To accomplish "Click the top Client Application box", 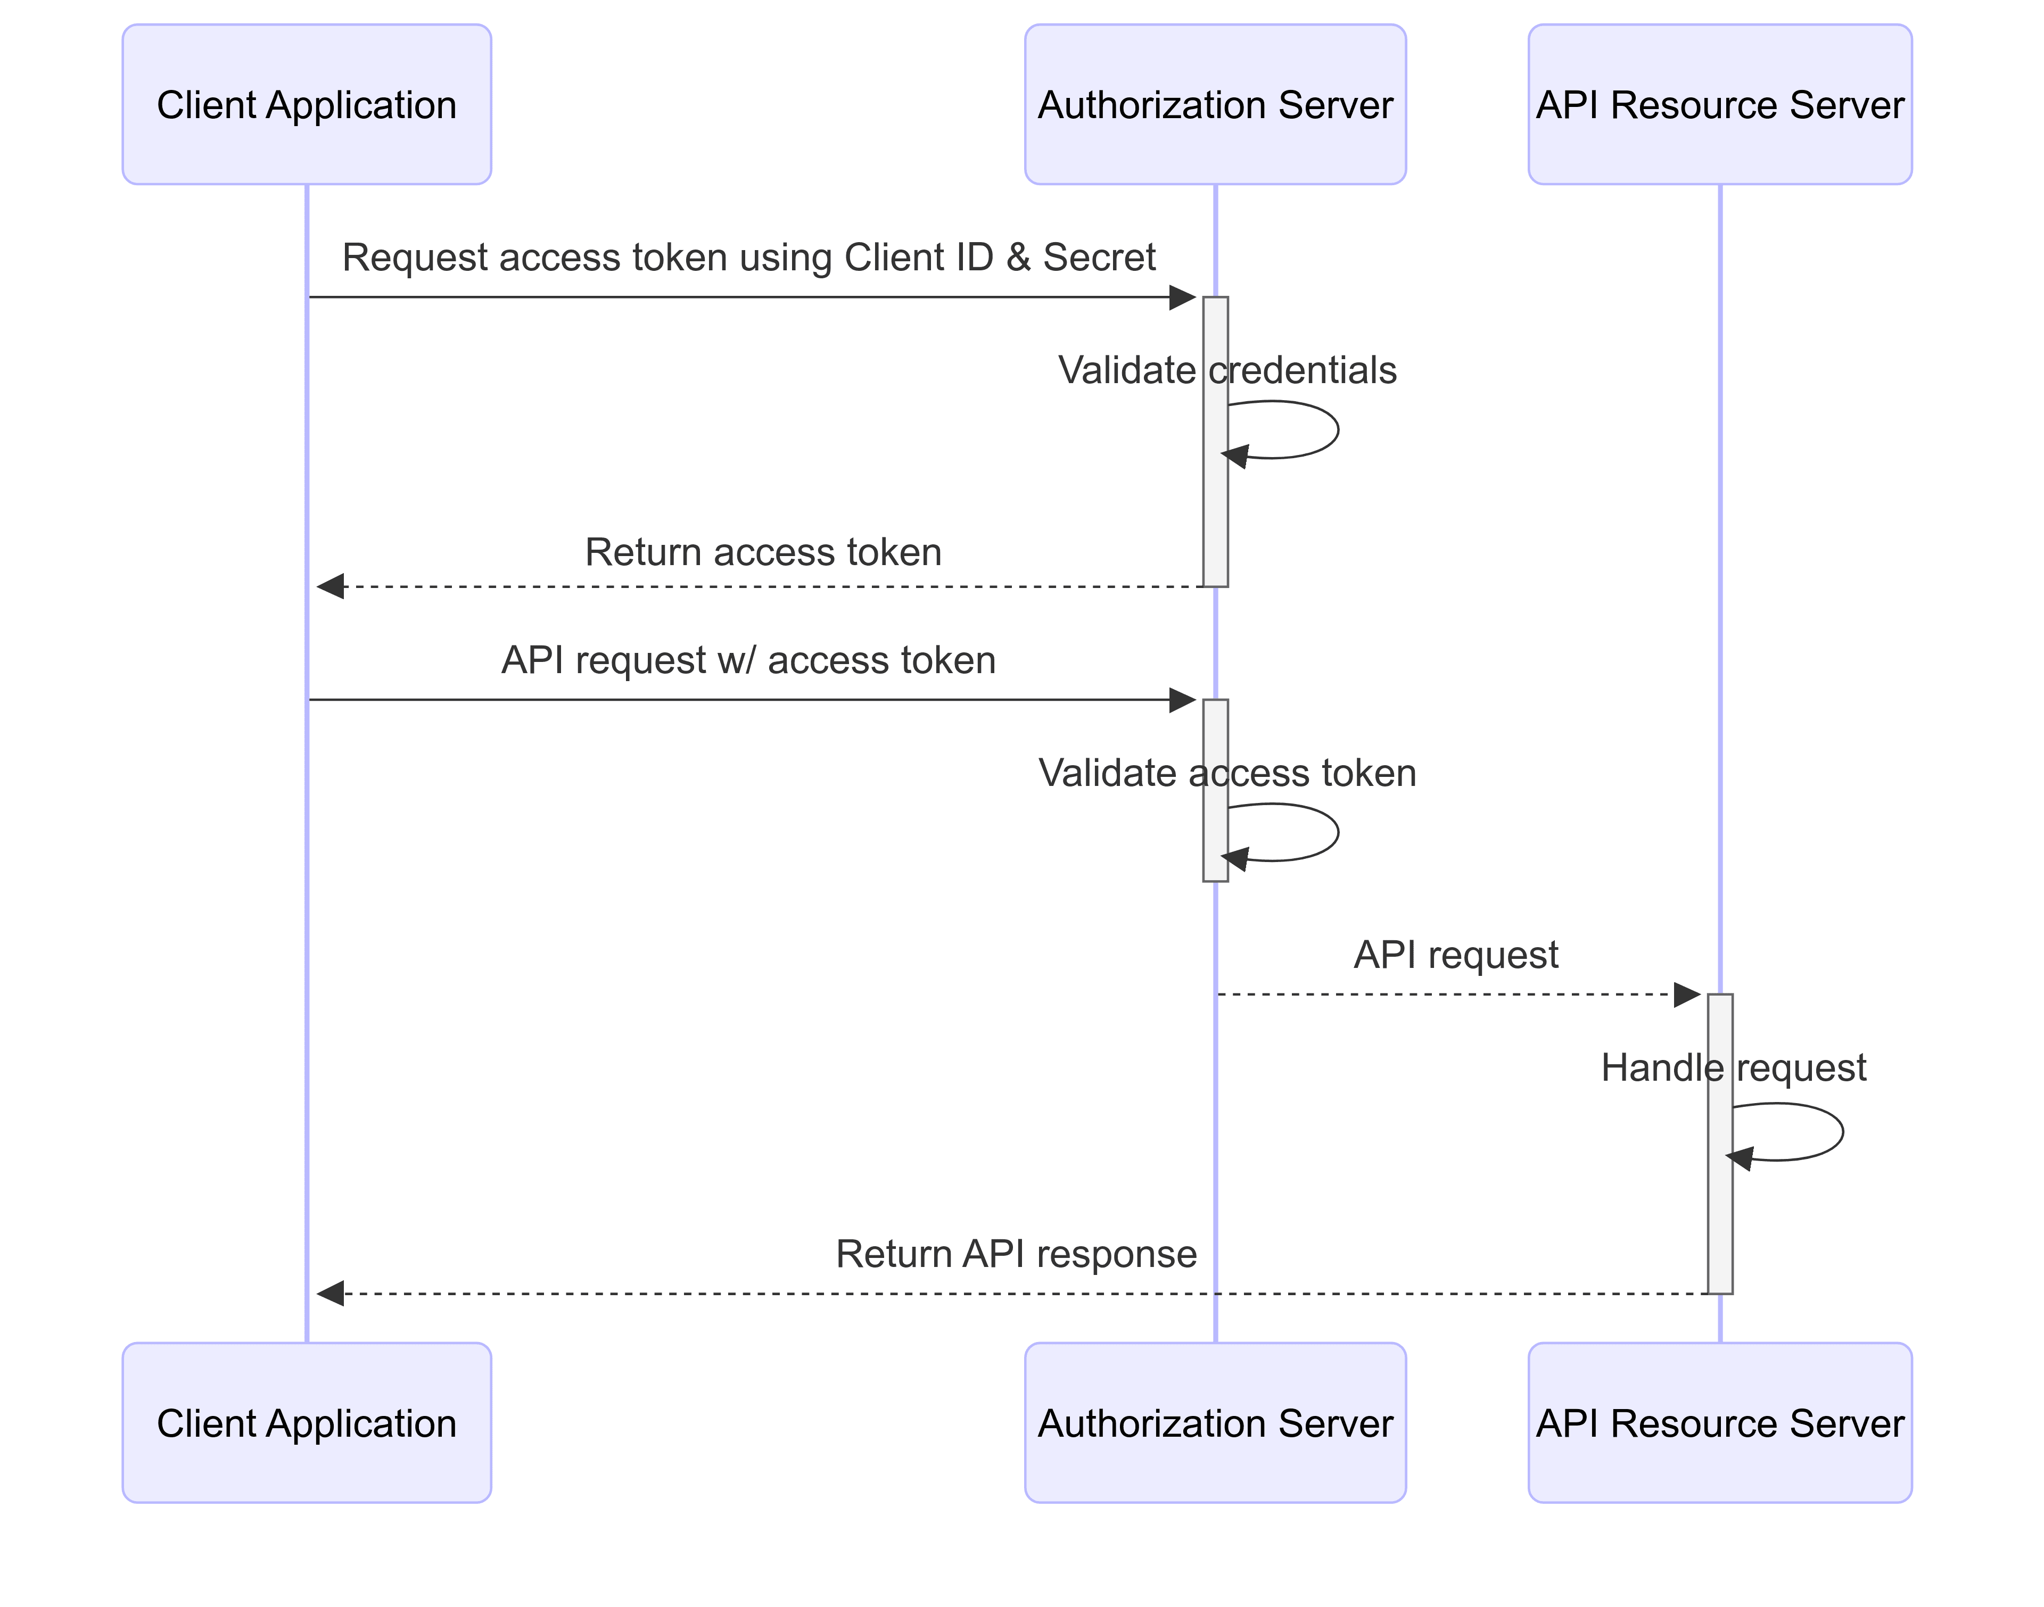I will click(x=307, y=104).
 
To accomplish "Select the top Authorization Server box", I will click(x=1215, y=104).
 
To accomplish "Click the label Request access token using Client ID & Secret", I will click(x=748, y=257).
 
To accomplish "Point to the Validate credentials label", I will click(x=1226, y=370).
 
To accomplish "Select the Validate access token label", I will click(x=1226, y=773).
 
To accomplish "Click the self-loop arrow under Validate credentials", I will click(x=1336, y=430).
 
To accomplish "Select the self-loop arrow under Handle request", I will click(x=1841, y=1132).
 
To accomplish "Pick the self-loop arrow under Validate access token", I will click(x=1336, y=833).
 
